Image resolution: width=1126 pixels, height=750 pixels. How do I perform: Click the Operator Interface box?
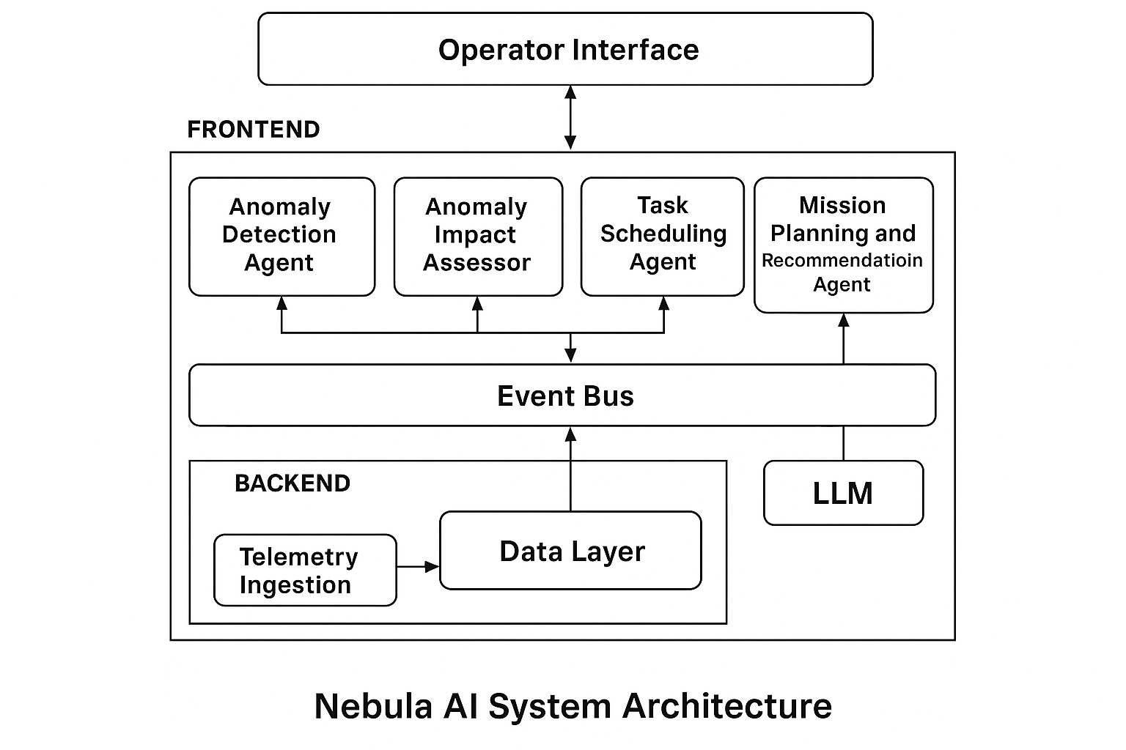pyautogui.click(x=565, y=49)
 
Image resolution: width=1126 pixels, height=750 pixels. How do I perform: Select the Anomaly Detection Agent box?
pyautogui.click(x=281, y=236)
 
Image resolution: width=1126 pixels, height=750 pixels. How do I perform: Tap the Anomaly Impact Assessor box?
pyautogui.click(x=478, y=236)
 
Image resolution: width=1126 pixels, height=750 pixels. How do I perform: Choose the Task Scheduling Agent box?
pyautogui.click(x=662, y=236)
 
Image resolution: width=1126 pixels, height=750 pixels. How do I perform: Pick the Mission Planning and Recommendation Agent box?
pyautogui.click(x=843, y=245)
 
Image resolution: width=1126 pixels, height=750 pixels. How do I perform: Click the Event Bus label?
pyautogui.click(x=565, y=396)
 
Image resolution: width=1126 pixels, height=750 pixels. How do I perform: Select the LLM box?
pyautogui.click(x=843, y=493)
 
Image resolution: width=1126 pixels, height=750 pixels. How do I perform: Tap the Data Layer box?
pyautogui.click(x=570, y=551)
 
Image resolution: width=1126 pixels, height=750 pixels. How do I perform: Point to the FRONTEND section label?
pyautogui.click(x=254, y=130)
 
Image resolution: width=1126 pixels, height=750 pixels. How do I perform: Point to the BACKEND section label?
pyautogui.click(x=292, y=483)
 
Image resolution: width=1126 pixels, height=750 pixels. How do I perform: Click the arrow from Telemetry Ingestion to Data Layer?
pyautogui.click(x=418, y=566)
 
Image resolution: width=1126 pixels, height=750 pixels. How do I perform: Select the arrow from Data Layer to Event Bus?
pyautogui.click(x=570, y=469)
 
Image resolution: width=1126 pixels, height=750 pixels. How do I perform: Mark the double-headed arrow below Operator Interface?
pyautogui.click(x=570, y=118)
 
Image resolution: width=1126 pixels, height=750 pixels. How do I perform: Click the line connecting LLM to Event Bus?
pyautogui.click(x=843, y=443)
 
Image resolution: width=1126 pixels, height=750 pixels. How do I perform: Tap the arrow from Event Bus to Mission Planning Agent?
pyautogui.click(x=843, y=338)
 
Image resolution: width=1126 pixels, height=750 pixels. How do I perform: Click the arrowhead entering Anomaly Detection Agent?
pyautogui.click(x=281, y=302)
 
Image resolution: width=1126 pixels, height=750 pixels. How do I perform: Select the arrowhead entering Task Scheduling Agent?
pyautogui.click(x=663, y=302)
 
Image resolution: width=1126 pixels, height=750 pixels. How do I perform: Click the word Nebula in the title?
pyautogui.click(x=372, y=706)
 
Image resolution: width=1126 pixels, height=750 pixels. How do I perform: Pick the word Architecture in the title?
pyautogui.click(x=726, y=706)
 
